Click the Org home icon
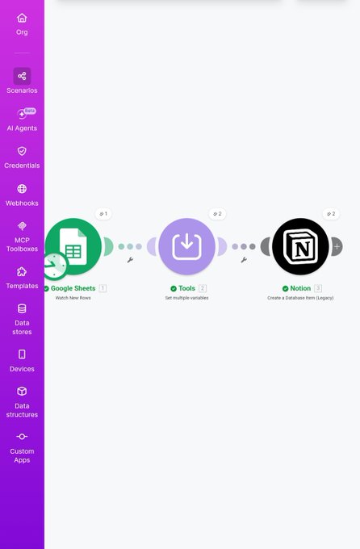click(x=22, y=18)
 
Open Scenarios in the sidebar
click(x=22, y=81)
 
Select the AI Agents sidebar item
click(x=22, y=119)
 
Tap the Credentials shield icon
click(x=22, y=151)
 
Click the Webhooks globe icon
click(x=22, y=189)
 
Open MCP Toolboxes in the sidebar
click(x=22, y=237)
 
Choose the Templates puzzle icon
click(x=22, y=272)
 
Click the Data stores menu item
click(x=22, y=320)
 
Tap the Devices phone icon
click(x=22, y=354)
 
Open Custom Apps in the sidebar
click(x=22, y=447)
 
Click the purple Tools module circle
click(x=186, y=246)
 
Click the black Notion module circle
click(x=300, y=246)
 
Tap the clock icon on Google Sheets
click(x=54, y=266)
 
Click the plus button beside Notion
click(x=337, y=246)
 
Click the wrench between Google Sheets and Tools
click(x=130, y=260)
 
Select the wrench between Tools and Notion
click(x=244, y=260)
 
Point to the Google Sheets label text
click(x=73, y=288)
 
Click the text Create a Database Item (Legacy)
click(x=300, y=298)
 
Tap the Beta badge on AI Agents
click(x=30, y=111)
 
